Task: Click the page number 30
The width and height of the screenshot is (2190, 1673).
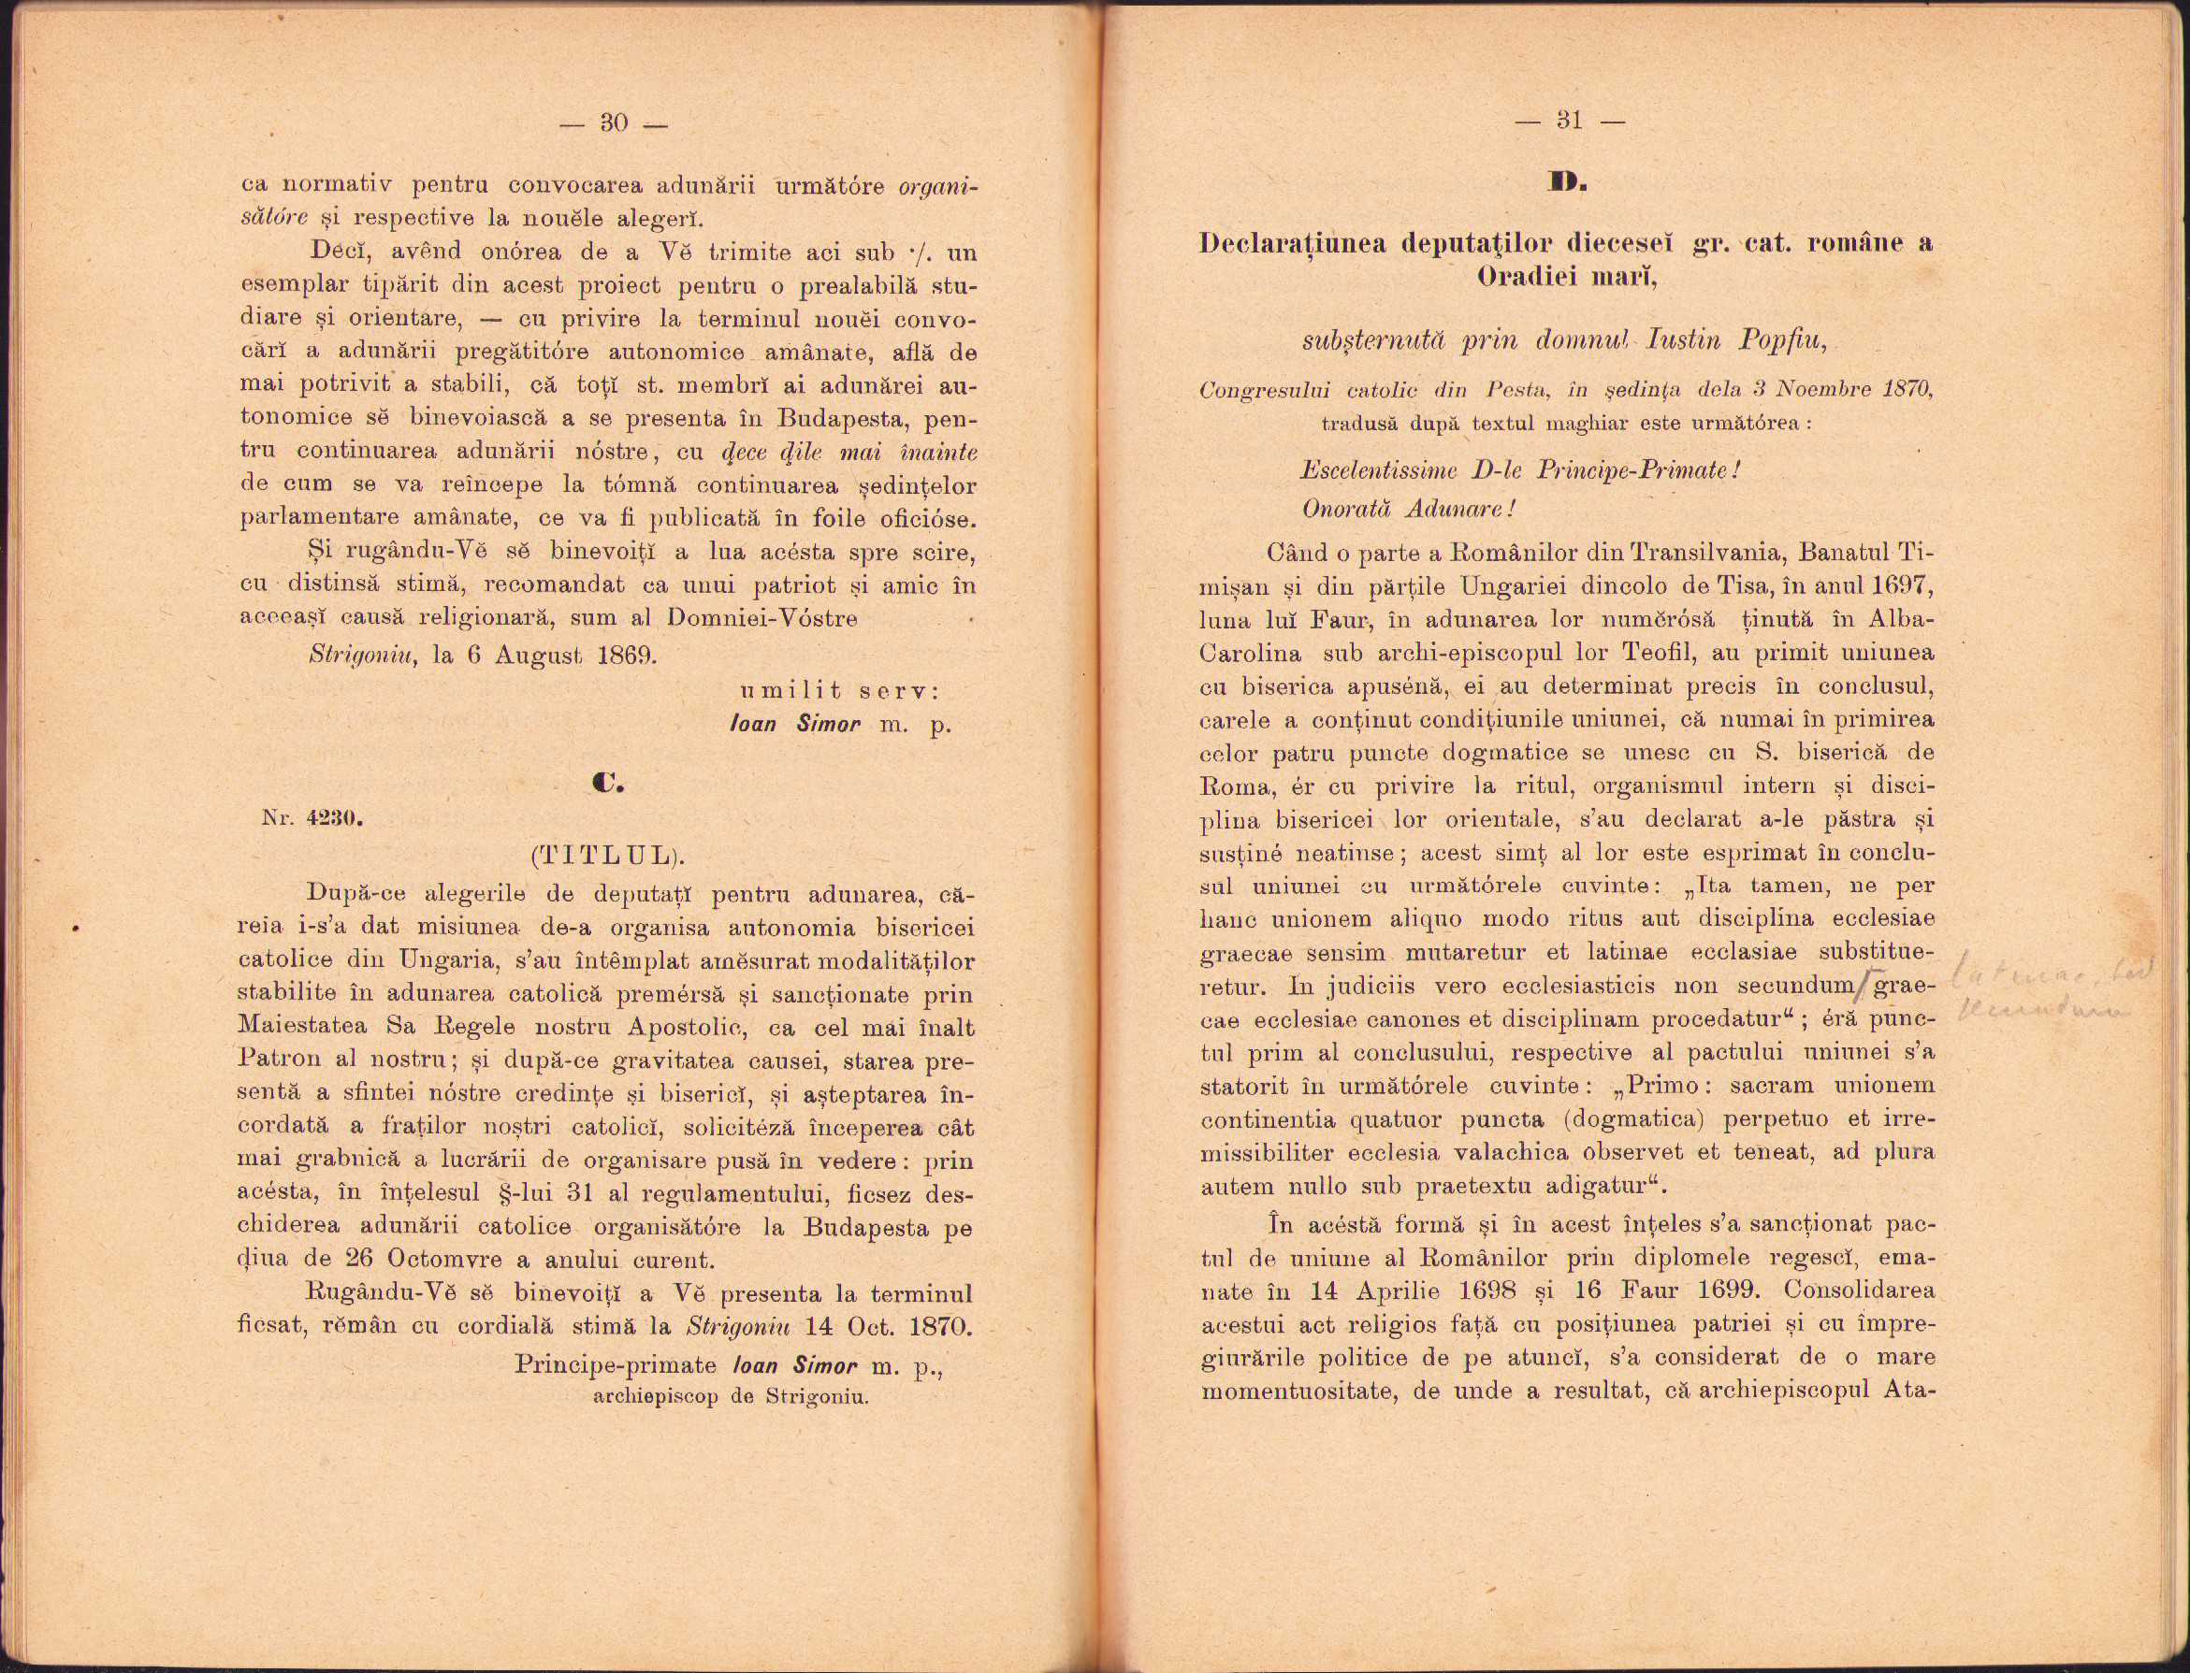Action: (x=614, y=123)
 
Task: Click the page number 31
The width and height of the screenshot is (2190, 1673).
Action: (x=1569, y=121)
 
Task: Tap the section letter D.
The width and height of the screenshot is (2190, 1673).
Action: (x=1568, y=182)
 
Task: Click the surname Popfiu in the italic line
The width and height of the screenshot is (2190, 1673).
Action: (x=1783, y=340)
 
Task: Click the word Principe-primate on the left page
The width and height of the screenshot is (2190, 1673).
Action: (x=616, y=1364)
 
